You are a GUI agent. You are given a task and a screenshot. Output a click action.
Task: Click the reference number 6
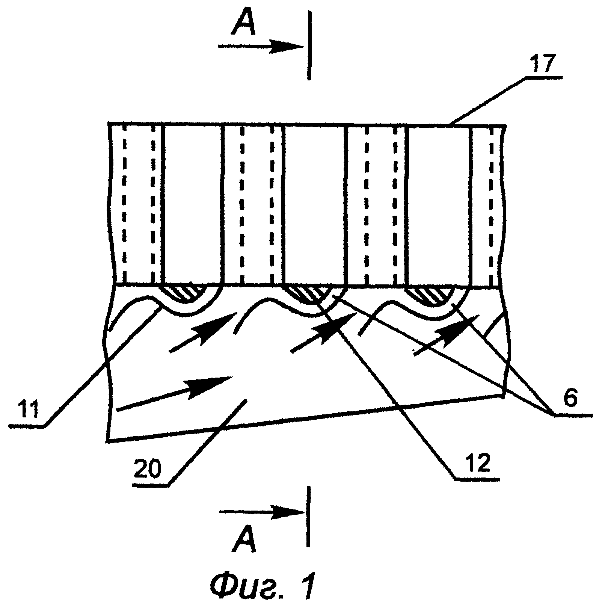pyautogui.click(x=569, y=398)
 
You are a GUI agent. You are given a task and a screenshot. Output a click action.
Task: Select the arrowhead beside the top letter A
pyautogui.click(x=288, y=47)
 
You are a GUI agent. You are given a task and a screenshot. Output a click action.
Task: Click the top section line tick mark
pyautogui.click(x=309, y=45)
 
